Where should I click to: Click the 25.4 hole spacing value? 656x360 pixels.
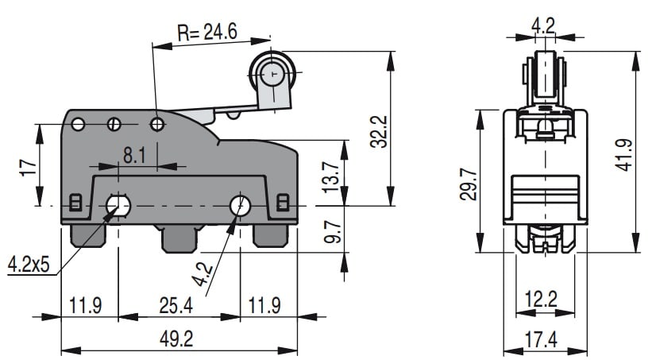point(179,304)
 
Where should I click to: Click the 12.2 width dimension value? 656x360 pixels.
point(543,300)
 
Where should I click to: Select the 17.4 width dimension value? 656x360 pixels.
point(543,339)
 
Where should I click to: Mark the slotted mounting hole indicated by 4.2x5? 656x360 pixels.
point(118,207)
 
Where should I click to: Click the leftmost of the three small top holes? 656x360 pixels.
point(78,124)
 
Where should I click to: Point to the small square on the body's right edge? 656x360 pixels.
point(283,203)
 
